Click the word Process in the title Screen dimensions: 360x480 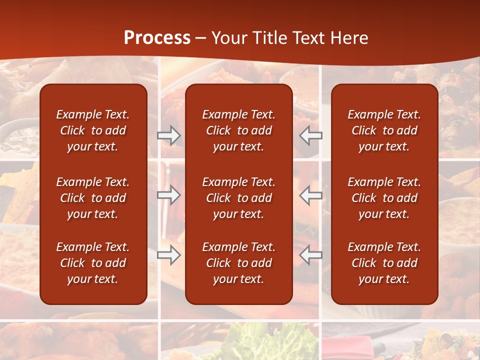click(x=157, y=38)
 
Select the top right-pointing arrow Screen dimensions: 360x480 click(x=169, y=135)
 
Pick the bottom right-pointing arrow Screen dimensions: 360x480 click(x=169, y=254)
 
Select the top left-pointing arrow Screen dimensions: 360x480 click(x=310, y=135)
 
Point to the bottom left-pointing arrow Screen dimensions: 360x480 click(x=310, y=254)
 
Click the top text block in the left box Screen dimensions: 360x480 click(x=93, y=130)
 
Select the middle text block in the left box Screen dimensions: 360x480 click(x=93, y=198)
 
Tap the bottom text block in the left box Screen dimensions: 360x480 click(x=93, y=263)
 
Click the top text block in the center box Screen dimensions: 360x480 click(x=239, y=130)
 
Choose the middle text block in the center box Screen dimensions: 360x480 click(x=239, y=198)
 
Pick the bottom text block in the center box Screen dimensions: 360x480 click(x=239, y=263)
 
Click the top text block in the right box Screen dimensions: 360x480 click(x=384, y=130)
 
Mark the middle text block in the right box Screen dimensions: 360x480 click(x=384, y=198)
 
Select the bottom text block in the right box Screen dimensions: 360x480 click(x=384, y=263)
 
